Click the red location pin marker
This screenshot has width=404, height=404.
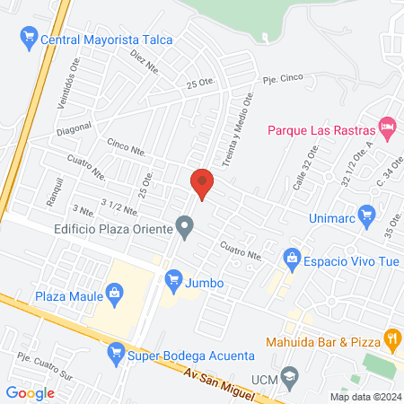(203, 184)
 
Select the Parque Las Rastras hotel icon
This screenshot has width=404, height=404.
(387, 128)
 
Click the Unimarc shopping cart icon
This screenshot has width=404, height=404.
(365, 215)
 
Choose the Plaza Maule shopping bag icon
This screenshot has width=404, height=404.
(114, 291)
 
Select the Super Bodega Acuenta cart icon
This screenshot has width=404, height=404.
(115, 355)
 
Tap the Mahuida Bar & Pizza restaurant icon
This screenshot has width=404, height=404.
(391, 338)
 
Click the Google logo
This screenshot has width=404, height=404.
(31, 392)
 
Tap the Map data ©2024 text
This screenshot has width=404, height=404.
(364, 396)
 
